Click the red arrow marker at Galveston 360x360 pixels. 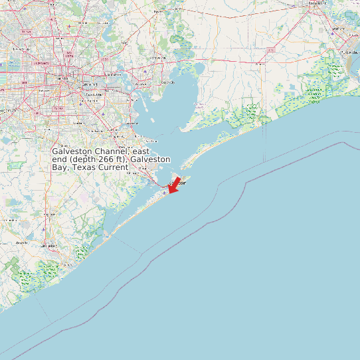pyautogui.click(x=175, y=186)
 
